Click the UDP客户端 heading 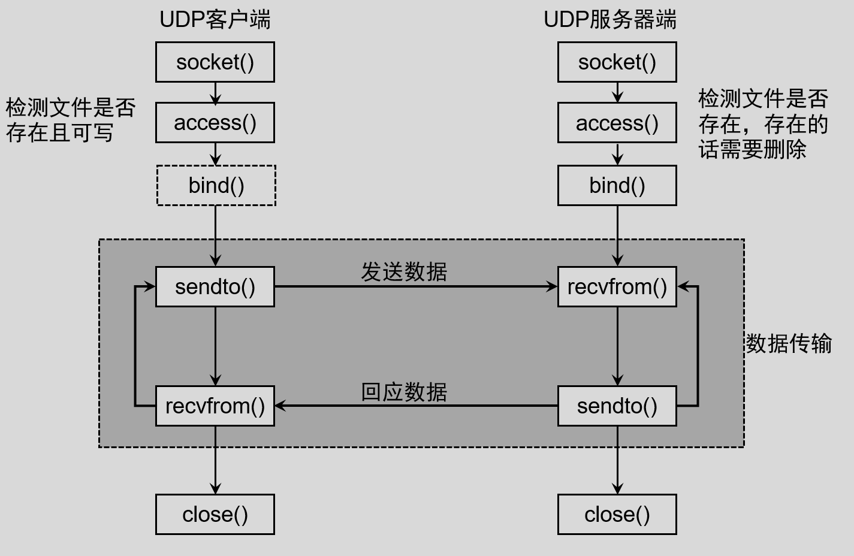215,20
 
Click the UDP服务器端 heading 609,20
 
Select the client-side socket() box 215,62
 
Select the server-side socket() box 617,62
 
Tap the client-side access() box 215,123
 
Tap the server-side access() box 617,123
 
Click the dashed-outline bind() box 216,186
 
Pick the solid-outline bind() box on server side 617,186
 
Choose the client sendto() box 215,287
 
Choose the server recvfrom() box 617,287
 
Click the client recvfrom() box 215,406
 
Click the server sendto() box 617,406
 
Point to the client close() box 215,514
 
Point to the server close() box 617,514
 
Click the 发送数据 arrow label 404,272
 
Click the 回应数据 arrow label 404,392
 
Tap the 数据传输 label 788,344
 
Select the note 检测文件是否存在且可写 71,120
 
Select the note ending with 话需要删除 763,124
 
